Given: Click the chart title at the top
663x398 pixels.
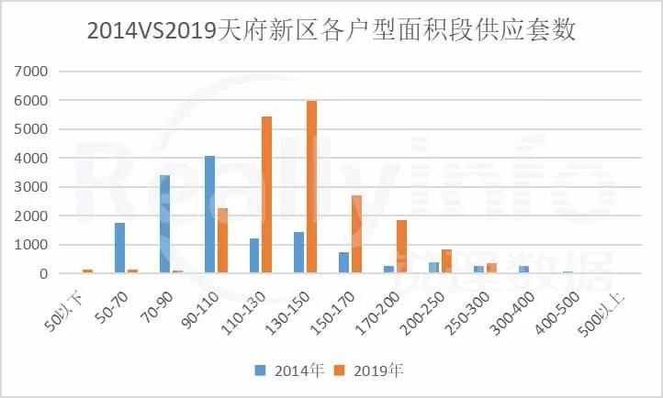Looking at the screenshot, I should tap(331, 30).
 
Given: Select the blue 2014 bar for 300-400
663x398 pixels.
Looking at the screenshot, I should tap(523, 270).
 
